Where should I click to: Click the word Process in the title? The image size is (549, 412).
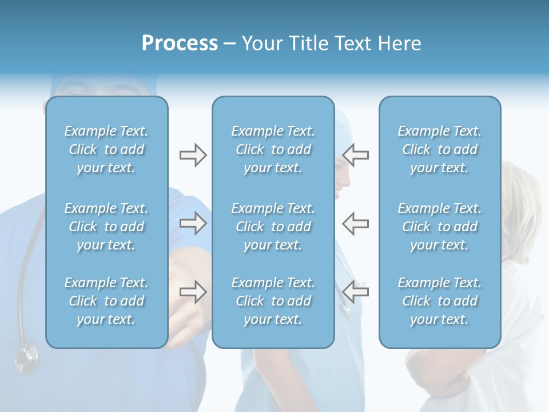[x=180, y=43]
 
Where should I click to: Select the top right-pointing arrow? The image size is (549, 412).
[x=193, y=155]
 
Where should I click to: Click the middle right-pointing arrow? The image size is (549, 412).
[x=193, y=223]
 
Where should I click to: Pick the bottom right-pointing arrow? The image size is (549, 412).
[x=193, y=292]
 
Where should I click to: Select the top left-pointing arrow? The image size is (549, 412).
[x=355, y=155]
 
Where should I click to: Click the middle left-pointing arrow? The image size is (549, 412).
[x=355, y=223]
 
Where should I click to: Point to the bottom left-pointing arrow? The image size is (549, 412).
[x=355, y=292]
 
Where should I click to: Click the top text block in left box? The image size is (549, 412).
[x=106, y=149]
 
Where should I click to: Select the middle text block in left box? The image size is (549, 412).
[x=106, y=227]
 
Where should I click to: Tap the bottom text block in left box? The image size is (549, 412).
[x=106, y=301]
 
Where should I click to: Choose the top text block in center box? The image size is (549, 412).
[x=273, y=149]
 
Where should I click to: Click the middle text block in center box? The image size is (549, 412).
[x=273, y=227]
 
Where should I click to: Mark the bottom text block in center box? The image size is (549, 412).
[x=273, y=301]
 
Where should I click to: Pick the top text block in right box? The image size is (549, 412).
[x=440, y=149]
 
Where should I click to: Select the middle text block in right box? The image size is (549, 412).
[x=440, y=227]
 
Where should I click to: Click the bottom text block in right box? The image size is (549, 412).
[x=440, y=301]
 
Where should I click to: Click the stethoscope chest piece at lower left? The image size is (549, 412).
[x=26, y=359]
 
